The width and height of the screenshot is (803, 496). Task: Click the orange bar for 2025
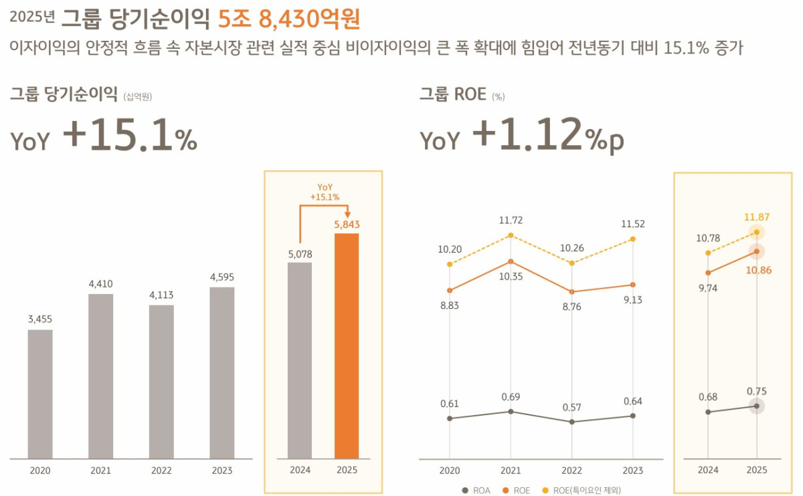tap(347, 346)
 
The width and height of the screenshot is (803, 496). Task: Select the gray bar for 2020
tap(40, 394)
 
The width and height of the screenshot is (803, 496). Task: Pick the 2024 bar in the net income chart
tap(300, 360)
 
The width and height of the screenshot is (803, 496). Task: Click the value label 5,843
tap(347, 225)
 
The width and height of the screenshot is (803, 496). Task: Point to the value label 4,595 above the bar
tap(222, 277)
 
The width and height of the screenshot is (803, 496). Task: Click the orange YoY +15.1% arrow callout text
tap(325, 192)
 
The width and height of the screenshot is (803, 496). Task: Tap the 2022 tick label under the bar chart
tap(161, 471)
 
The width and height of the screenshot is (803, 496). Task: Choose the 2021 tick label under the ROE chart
tap(511, 471)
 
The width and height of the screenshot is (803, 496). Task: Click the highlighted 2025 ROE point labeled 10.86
tap(757, 251)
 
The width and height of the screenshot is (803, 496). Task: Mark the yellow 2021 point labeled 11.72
tap(511, 235)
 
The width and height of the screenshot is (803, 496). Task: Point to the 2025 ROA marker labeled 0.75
tap(757, 406)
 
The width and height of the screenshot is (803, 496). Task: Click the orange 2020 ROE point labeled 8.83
tap(450, 290)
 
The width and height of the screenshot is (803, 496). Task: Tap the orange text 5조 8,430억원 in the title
tap(289, 19)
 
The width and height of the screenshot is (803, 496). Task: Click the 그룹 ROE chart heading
tap(452, 94)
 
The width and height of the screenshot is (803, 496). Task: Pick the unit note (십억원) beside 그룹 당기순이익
tap(137, 97)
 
